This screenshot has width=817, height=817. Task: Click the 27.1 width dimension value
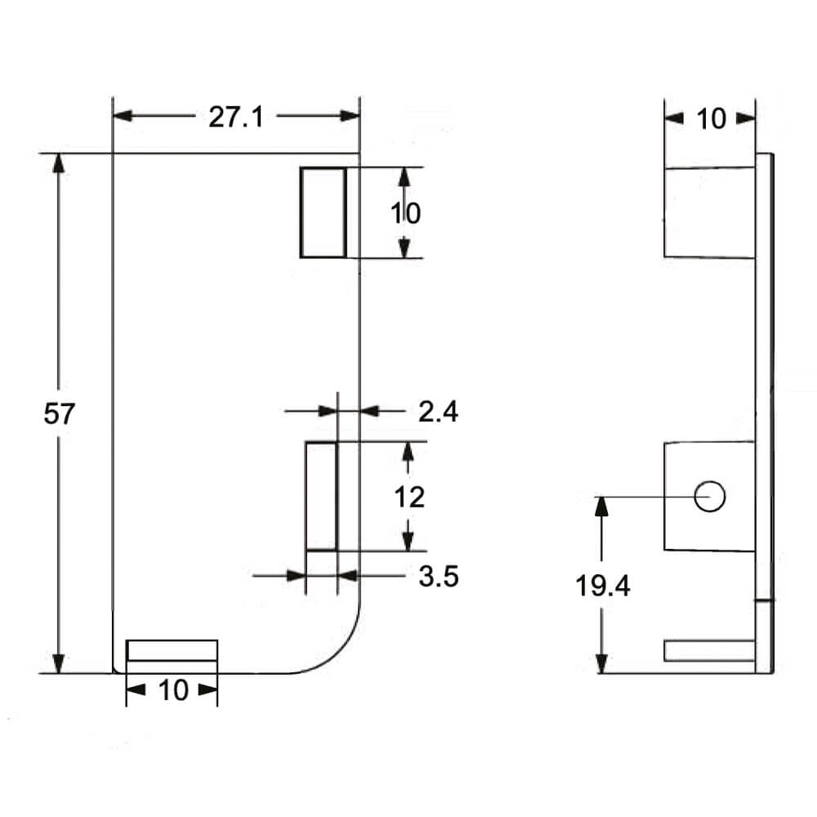pyautogui.click(x=235, y=117)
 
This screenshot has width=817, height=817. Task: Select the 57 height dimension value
pyautogui.click(x=59, y=414)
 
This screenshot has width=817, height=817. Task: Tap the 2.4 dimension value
pyautogui.click(x=438, y=412)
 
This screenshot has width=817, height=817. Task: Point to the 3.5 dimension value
pyautogui.click(x=438, y=577)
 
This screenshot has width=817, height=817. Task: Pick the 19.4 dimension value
pyautogui.click(x=603, y=586)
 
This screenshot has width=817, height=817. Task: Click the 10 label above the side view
pyautogui.click(x=711, y=119)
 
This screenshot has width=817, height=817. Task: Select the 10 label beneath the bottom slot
pyautogui.click(x=172, y=691)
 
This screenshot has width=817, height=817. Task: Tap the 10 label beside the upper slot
pyautogui.click(x=404, y=213)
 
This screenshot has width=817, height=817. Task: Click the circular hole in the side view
pyautogui.click(x=709, y=496)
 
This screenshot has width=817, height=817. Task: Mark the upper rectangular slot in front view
pyautogui.click(x=323, y=212)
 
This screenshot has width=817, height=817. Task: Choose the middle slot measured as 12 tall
pyautogui.click(x=320, y=496)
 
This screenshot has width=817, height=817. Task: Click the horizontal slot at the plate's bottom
pyautogui.click(x=172, y=651)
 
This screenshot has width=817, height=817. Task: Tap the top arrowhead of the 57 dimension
pyautogui.click(x=57, y=162)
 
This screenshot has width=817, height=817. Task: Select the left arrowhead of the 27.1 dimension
pyautogui.click(x=122, y=116)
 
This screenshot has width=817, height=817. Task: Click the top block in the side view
pyautogui.click(x=708, y=212)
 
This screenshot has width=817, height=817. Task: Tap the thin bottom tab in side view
pyautogui.click(x=708, y=651)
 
